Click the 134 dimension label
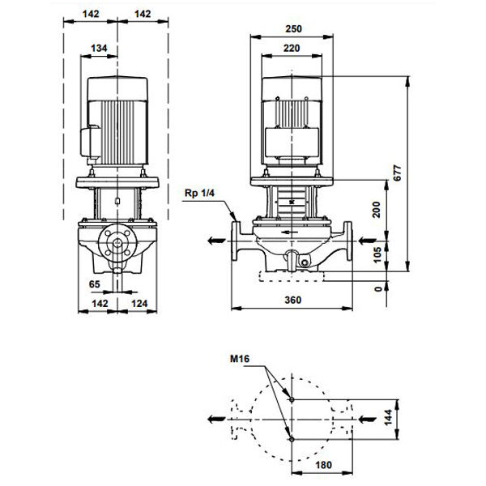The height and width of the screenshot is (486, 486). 99,49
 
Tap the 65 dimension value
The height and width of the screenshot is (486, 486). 94,284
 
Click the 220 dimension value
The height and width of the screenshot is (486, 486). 293,48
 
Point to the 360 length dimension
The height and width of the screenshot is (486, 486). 293,301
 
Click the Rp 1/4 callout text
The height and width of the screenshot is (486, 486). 200,192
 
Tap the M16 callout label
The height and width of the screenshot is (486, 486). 240,357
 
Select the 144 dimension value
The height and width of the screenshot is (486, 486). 411,418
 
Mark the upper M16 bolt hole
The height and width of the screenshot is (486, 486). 292,399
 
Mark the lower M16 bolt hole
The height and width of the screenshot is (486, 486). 292,438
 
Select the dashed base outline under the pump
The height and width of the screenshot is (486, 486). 293,277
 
